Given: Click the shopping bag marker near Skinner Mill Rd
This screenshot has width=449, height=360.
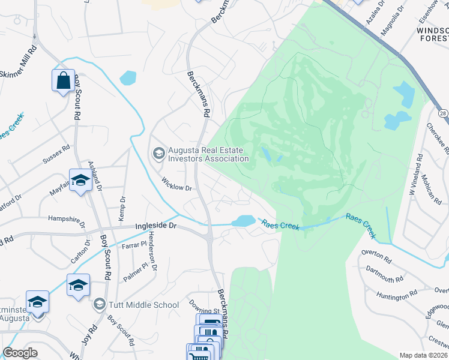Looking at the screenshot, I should (63, 80).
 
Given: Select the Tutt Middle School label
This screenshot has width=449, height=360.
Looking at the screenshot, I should (144, 305).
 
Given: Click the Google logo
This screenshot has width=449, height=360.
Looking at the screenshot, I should (20, 353).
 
